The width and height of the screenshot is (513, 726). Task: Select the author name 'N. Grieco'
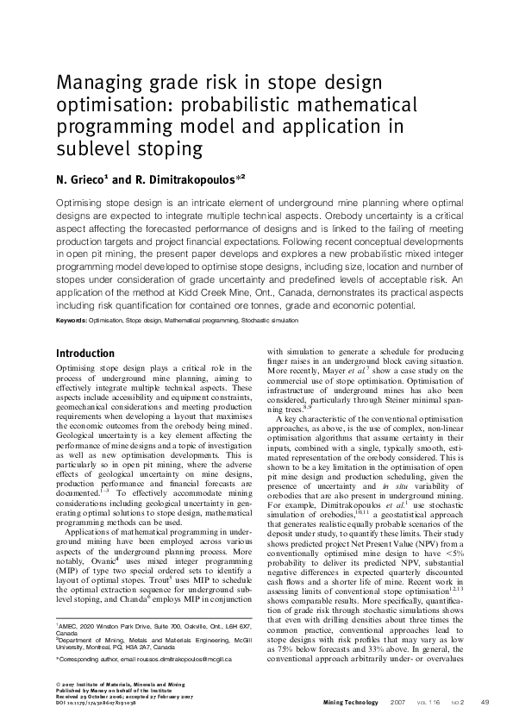[78, 178]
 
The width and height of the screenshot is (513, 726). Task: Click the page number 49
[485, 702]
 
